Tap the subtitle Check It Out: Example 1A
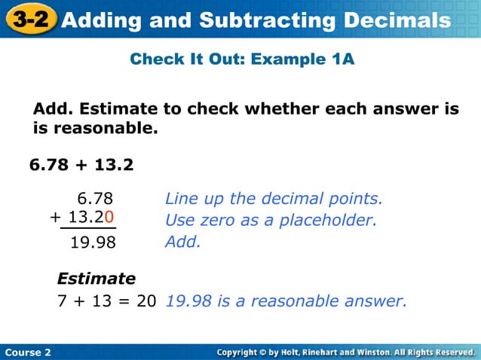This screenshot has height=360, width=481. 241,58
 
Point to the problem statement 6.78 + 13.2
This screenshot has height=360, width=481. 81,163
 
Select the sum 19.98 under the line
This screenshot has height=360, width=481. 93,243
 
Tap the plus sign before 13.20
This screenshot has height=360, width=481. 54,218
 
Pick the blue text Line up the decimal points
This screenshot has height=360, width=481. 274,199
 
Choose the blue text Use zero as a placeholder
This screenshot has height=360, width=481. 270,221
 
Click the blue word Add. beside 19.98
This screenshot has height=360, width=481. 182,243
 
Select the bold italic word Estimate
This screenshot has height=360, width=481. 97,279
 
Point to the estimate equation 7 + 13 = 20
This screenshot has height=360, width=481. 107,301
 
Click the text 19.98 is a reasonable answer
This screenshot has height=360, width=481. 286,301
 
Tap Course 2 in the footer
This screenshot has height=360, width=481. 28,352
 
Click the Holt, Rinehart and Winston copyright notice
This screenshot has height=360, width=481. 345,352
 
